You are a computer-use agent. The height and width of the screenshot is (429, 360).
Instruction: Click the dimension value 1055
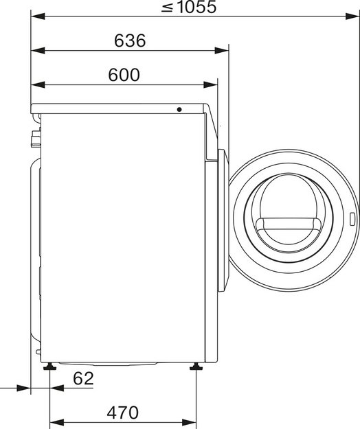[x=196, y=7]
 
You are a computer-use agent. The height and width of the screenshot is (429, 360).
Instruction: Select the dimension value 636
[x=130, y=40]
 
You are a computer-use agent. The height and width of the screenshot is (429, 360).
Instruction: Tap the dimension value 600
[x=124, y=75]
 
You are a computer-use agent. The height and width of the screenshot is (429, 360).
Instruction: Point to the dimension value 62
[x=83, y=379]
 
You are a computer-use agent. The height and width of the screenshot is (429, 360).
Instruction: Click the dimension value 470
[x=123, y=413]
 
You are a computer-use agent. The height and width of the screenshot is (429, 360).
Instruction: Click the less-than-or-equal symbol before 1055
[x=167, y=8]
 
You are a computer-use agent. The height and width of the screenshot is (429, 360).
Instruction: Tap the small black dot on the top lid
[x=179, y=109]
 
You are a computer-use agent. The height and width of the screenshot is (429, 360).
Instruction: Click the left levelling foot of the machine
[x=50, y=367]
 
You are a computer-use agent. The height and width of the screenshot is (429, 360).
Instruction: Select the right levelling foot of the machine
[x=196, y=367]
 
